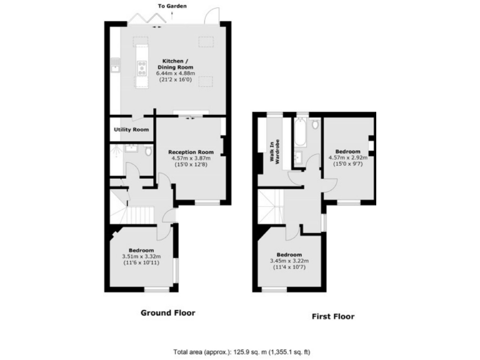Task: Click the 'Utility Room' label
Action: click(x=131, y=129)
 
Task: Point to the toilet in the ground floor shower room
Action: click(x=147, y=151)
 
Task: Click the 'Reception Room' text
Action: click(x=191, y=152)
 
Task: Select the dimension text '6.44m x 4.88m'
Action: click(x=175, y=73)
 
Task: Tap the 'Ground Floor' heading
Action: click(x=167, y=312)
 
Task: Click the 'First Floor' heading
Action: click(x=333, y=316)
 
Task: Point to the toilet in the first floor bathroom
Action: click(x=314, y=124)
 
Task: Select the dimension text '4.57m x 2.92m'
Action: click(x=347, y=158)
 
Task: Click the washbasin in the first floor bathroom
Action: click(x=299, y=156)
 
